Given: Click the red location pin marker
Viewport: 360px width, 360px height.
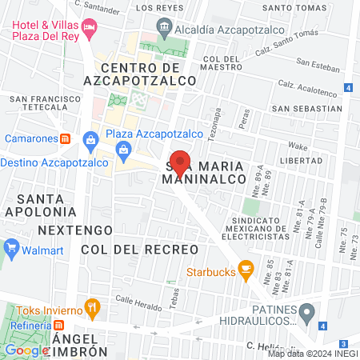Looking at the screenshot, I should click(x=181, y=162).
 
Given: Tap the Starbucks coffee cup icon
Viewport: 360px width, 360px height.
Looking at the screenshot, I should click(x=246, y=272).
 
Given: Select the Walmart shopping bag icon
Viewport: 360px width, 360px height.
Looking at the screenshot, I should click(x=11, y=247).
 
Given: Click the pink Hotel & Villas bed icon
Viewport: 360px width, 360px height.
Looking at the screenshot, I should click(x=90, y=30).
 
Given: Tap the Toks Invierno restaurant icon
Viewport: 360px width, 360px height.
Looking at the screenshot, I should click(x=94, y=306).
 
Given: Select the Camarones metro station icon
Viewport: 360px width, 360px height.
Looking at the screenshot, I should click(x=66, y=138).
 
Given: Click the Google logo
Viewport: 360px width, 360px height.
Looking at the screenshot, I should click(x=26, y=350).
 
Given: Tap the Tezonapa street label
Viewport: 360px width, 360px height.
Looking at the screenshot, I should click(x=213, y=125).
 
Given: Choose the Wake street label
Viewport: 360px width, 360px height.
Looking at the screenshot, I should click(x=298, y=146).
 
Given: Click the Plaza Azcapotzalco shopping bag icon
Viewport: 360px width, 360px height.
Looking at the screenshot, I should click(x=90, y=141).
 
